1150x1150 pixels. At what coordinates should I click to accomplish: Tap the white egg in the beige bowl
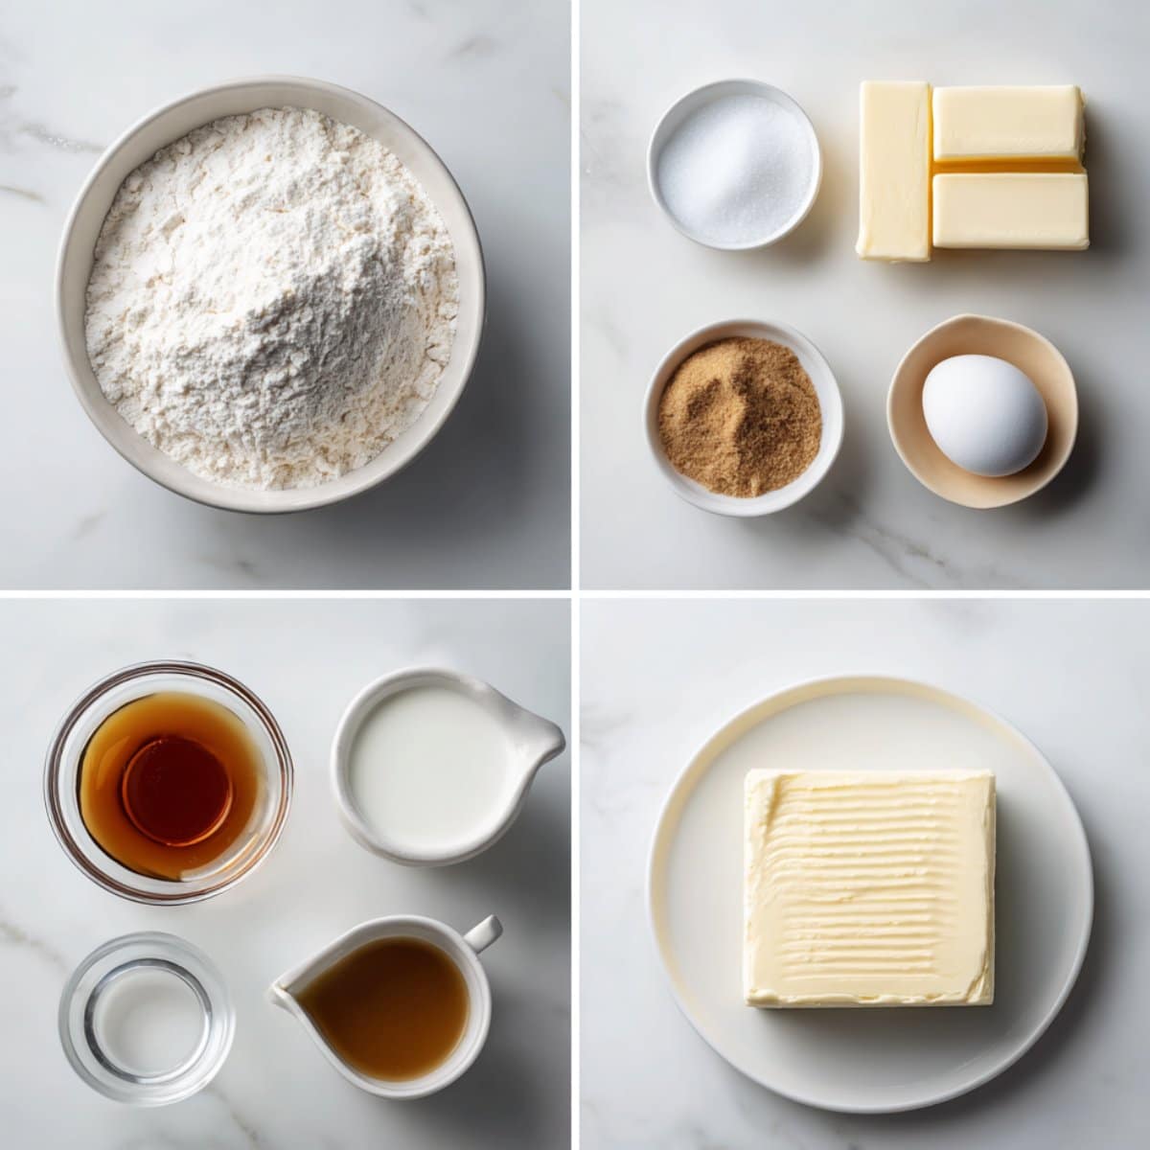[984, 414]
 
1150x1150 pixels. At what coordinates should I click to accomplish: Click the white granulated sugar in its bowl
[734, 167]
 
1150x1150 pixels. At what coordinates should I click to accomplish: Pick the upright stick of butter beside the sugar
[893, 171]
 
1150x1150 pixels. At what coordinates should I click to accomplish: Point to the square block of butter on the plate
[868, 886]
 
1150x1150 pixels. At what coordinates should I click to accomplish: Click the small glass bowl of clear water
[146, 1018]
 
